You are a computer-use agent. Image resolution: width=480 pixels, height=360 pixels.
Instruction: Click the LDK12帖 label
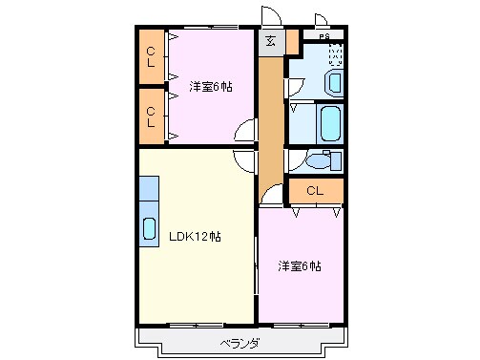click(x=195, y=236)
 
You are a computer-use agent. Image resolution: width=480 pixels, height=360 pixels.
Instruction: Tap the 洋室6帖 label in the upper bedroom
click(x=211, y=86)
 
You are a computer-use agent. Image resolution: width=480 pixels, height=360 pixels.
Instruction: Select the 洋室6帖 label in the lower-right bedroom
click(x=300, y=265)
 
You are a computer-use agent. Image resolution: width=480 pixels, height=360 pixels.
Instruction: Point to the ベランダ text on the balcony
click(x=240, y=342)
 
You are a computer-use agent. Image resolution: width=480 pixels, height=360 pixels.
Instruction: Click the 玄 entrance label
click(x=270, y=40)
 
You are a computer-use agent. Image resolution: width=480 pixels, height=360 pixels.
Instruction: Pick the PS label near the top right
click(x=324, y=36)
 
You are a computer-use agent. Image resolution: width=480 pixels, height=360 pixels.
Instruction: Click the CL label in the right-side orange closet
click(x=315, y=191)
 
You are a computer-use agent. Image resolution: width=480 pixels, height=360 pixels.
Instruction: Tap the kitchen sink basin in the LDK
click(x=150, y=228)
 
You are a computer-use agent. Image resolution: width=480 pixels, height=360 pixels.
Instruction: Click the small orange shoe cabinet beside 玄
click(x=292, y=42)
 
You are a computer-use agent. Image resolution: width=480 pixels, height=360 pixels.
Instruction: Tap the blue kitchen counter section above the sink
click(x=150, y=195)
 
